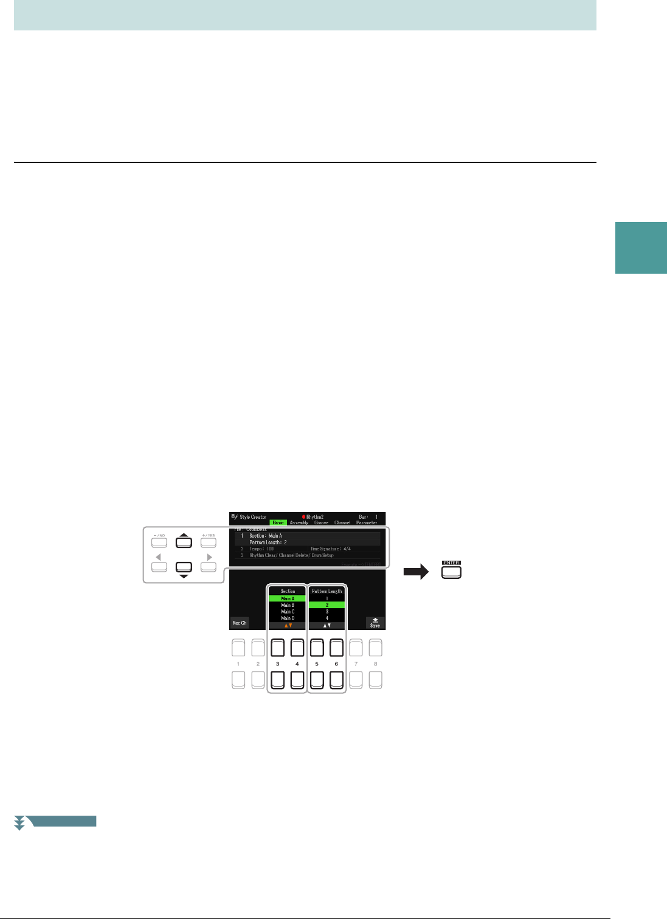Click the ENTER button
tap(451, 572)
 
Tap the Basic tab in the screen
tap(278, 522)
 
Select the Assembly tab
tap(299, 522)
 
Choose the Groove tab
tap(321, 522)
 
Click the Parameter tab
tap(367, 522)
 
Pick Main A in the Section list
tap(288, 598)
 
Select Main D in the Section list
tap(288, 618)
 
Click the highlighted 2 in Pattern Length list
tap(327, 605)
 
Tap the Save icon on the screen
tap(375, 623)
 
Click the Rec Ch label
tap(240, 623)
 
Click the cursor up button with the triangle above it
tap(184, 541)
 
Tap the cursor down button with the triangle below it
tap(184, 567)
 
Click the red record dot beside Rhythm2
tap(303, 517)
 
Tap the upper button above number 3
tap(278, 647)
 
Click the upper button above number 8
tap(375, 647)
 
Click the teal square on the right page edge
tap(641, 248)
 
